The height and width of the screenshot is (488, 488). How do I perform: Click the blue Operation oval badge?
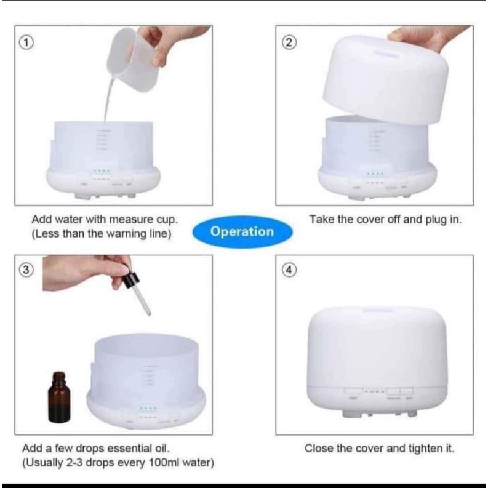click(242, 231)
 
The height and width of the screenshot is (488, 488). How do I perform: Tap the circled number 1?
click(26, 42)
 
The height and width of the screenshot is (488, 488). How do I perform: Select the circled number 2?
click(289, 42)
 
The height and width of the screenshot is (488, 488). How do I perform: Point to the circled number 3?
click(26, 270)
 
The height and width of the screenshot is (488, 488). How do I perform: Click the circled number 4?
click(289, 270)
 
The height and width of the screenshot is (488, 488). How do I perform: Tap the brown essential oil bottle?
click(59, 397)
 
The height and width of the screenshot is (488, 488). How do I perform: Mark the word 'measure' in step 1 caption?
click(130, 220)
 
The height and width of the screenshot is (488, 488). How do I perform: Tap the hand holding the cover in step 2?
click(426, 39)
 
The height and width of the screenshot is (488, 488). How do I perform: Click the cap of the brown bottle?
click(59, 376)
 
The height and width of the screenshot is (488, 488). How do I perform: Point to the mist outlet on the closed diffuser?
click(377, 310)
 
